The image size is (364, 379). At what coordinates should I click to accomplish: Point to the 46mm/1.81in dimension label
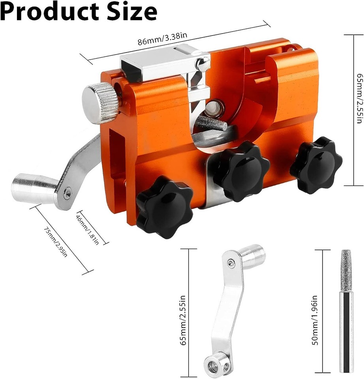click(x=88, y=228)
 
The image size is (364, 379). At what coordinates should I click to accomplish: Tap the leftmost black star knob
click(x=165, y=206)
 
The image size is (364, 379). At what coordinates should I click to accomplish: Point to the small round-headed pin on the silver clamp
click(x=203, y=63)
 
